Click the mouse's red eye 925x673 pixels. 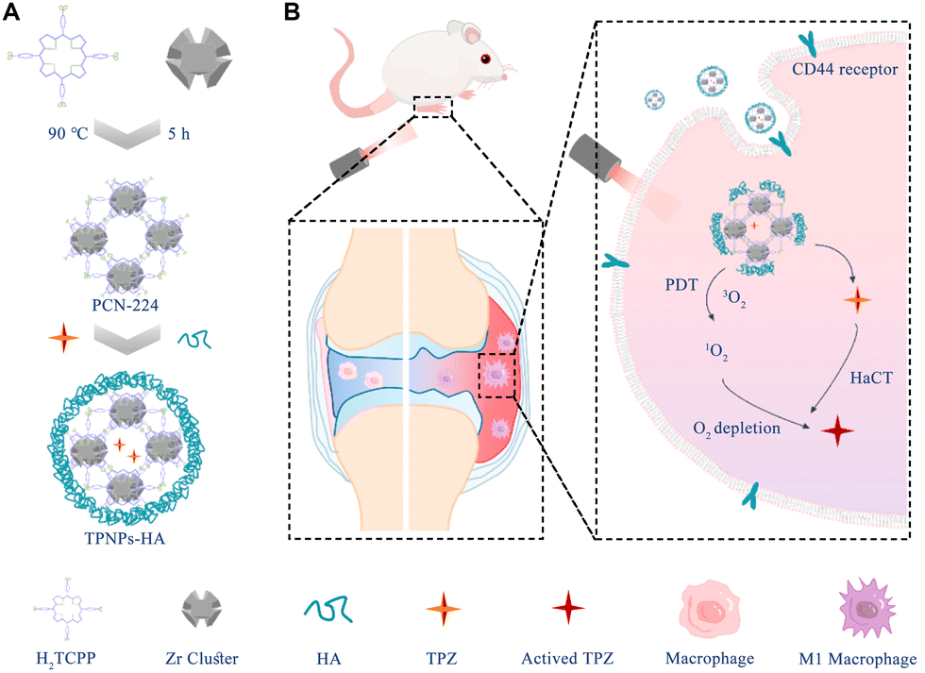point(485,60)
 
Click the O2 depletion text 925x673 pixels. point(736,429)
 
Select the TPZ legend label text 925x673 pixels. point(439,658)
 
